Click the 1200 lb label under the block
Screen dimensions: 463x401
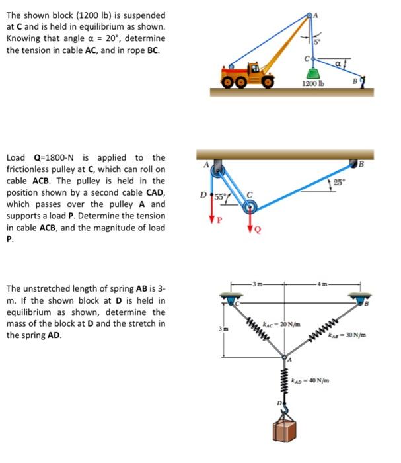[x=312, y=84]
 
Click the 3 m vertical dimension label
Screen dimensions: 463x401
[x=223, y=329]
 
